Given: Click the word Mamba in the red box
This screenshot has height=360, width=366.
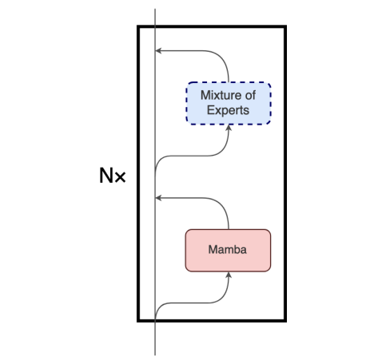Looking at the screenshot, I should (x=228, y=250).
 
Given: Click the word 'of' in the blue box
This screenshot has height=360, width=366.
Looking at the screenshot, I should (x=251, y=97).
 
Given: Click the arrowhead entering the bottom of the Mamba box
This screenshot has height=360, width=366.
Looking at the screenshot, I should (x=229, y=274).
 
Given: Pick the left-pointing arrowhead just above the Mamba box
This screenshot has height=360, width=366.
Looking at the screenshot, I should (x=158, y=196).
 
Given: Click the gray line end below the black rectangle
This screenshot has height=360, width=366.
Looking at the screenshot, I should (x=154, y=352).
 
